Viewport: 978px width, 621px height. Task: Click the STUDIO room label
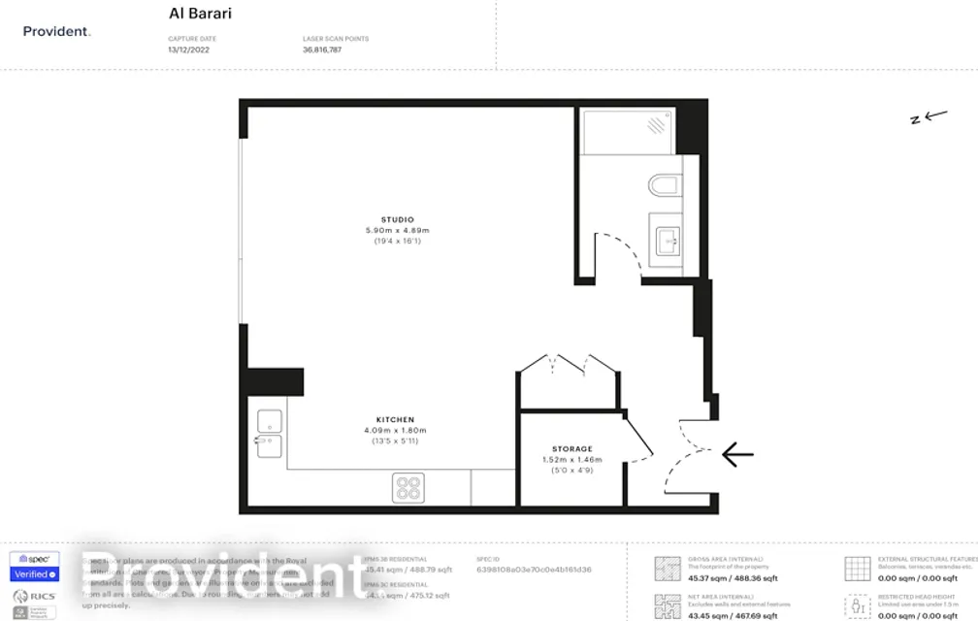[x=397, y=219]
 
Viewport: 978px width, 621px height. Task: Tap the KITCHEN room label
[x=395, y=420]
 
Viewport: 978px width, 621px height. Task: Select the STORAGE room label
[x=572, y=449]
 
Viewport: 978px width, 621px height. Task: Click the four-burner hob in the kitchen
[x=408, y=488]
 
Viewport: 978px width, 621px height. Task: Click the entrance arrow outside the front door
[x=736, y=453]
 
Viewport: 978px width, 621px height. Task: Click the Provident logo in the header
[x=56, y=32]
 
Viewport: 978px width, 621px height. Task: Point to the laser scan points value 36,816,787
[x=322, y=49]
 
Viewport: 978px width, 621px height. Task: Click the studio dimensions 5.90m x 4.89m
[x=397, y=230]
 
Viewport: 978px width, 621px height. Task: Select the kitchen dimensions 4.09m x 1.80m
[x=395, y=431]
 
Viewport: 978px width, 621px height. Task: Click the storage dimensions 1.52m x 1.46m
[x=572, y=460]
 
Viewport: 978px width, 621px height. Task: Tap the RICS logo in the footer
[x=34, y=596]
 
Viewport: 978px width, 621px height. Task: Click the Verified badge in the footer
[x=34, y=574]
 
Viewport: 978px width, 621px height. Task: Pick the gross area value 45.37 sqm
[x=708, y=578]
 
